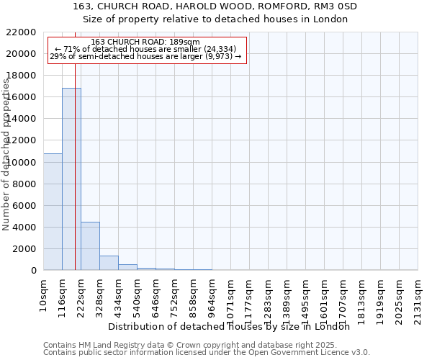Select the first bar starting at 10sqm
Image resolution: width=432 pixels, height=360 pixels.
(53, 212)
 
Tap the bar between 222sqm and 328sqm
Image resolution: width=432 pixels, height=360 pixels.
(90, 246)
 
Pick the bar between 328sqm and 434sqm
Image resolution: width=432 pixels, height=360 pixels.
(109, 263)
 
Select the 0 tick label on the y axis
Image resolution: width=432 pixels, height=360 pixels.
(34, 271)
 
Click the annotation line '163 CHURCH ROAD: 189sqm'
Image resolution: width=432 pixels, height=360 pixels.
(146, 42)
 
